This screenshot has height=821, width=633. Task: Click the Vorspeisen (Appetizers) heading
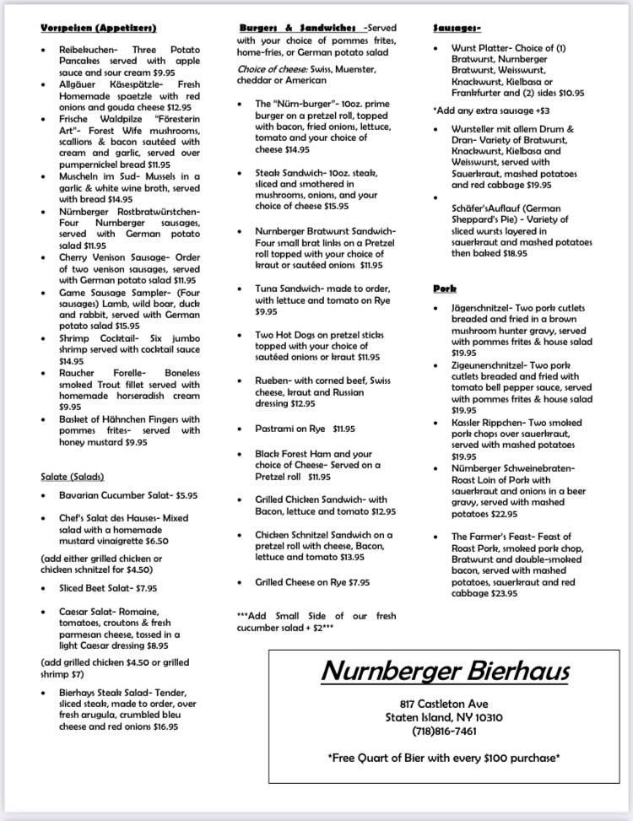pos(98,29)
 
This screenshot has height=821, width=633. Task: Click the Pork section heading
pos(444,289)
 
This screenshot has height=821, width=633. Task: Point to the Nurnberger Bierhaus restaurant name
pos(445,671)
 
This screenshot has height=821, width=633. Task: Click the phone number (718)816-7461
pos(445,731)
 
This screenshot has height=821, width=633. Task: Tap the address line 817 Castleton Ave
pos(445,704)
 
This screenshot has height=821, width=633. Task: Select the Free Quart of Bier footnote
pos(445,758)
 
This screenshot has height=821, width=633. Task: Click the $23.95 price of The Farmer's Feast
pos(504,593)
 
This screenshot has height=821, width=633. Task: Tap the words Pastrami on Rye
pos(289,429)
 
